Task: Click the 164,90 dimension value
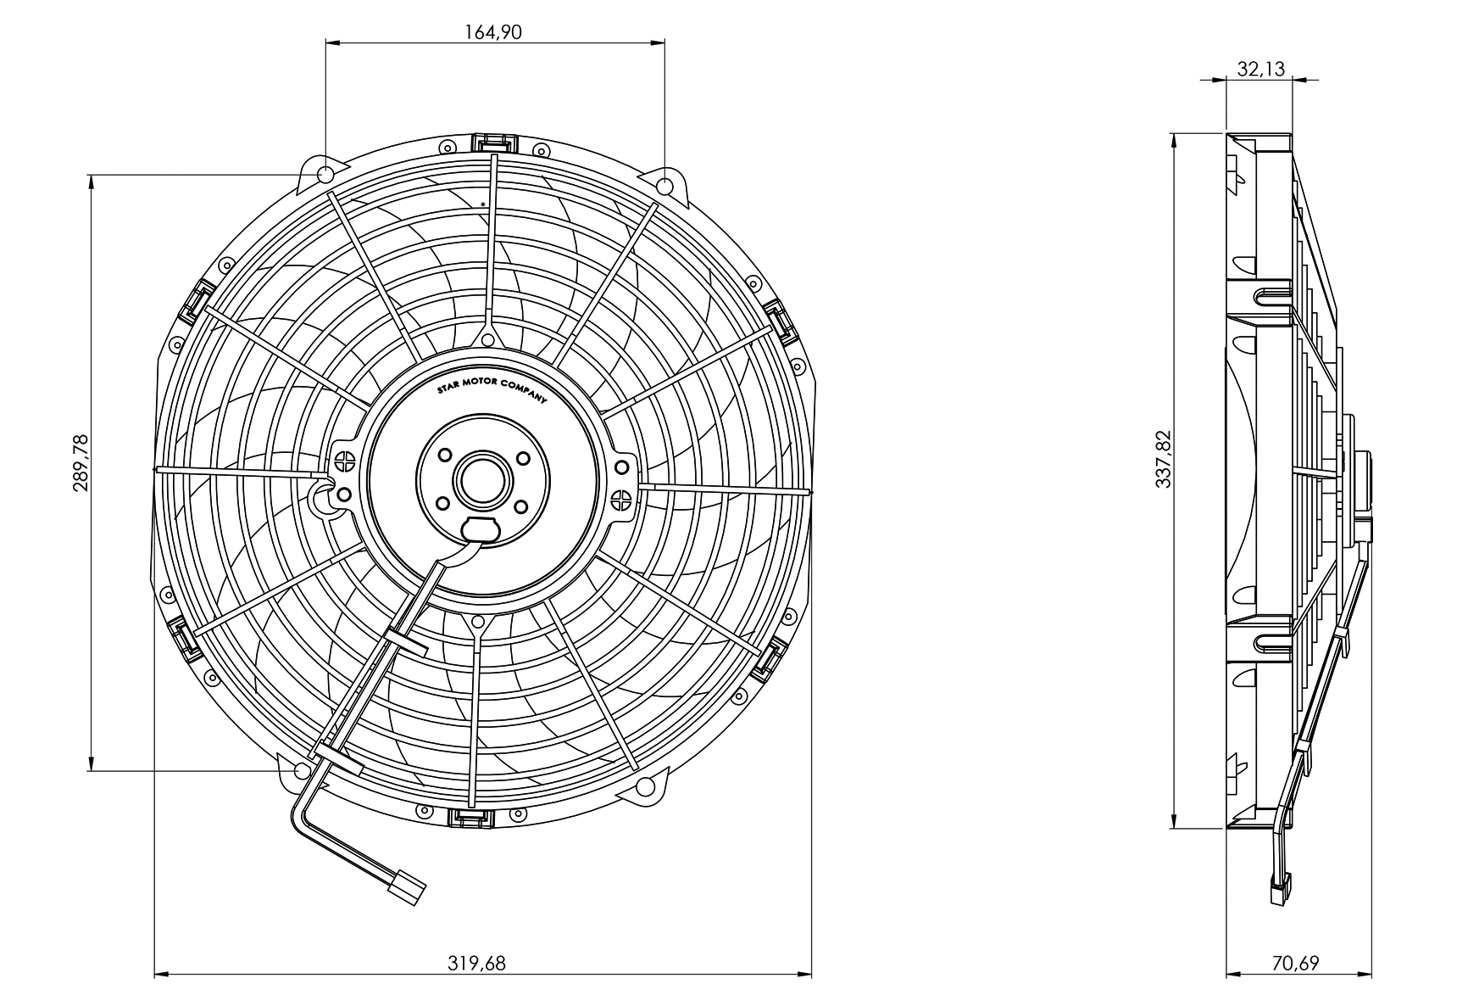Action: (493, 32)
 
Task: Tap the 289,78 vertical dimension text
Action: (81, 463)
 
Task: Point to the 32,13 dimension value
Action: (1260, 69)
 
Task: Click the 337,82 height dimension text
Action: (1163, 459)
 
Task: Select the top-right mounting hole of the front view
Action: (665, 185)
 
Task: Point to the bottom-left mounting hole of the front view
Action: (300, 770)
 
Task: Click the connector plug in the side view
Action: (1279, 891)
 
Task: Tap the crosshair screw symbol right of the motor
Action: (621, 499)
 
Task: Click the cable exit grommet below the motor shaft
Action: (481, 528)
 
